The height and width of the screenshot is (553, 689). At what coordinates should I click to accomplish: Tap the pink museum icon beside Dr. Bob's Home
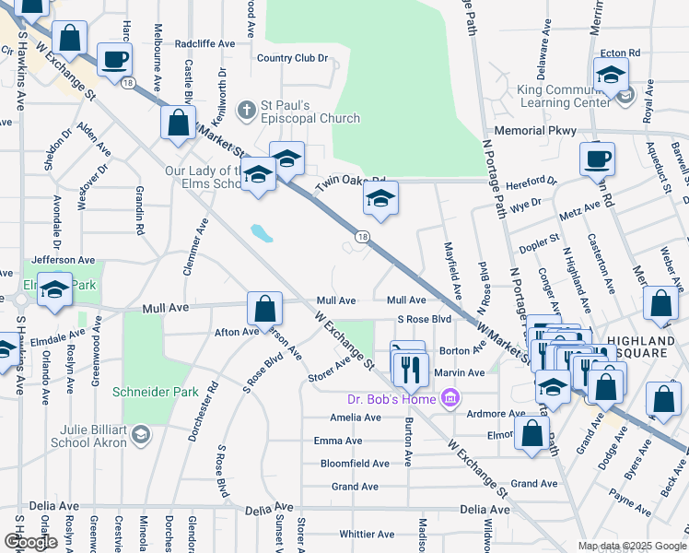point(450,398)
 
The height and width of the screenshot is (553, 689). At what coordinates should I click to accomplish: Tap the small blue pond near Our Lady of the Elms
point(261,232)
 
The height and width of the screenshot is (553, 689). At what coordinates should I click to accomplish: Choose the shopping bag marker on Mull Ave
point(264,307)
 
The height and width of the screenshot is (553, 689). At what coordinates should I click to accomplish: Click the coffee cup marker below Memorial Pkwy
point(597,159)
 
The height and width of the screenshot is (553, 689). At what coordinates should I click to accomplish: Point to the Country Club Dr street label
point(293,58)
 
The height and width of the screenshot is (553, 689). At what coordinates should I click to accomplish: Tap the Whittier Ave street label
point(367,534)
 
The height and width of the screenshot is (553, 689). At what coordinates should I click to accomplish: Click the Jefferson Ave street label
point(64,261)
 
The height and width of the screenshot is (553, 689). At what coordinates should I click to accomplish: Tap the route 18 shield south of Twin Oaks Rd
point(364,238)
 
